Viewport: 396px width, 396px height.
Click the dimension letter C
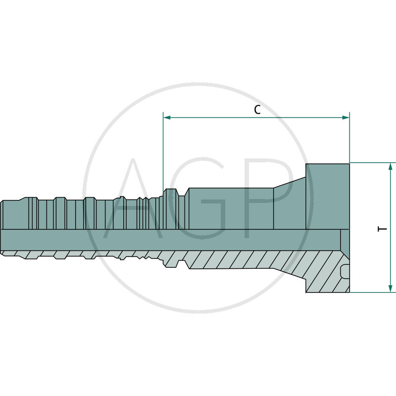tap(257, 110)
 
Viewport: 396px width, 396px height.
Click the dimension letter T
tap(382, 229)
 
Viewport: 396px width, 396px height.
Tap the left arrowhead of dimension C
tap(167, 118)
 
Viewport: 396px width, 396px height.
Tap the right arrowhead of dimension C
tap(346, 118)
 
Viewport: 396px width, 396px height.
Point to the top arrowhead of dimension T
tap(391, 166)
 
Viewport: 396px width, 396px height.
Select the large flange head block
tap(328, 196)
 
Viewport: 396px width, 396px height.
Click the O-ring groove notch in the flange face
tap(345, 272)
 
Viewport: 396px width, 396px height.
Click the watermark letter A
tap(136, 198)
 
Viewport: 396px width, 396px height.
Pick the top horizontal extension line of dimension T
tap(371, 162)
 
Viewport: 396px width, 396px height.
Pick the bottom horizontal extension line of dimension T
tap(371, 292)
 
